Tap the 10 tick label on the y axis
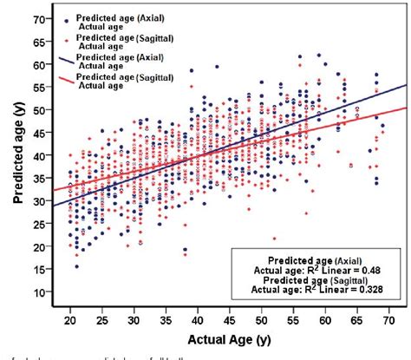tap(41, 292)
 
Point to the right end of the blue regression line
tap(406, 85)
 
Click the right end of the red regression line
tap(406, 108)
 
